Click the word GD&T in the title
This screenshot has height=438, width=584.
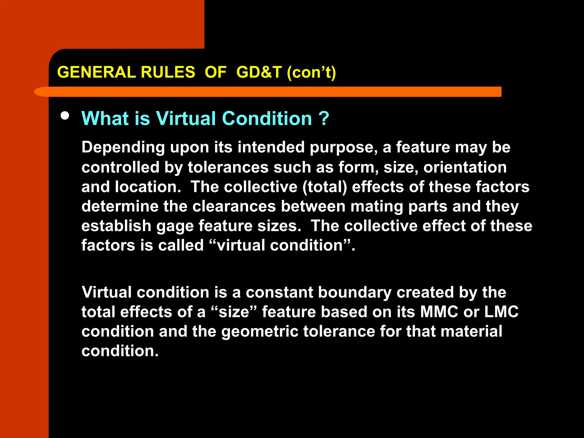point(259,72)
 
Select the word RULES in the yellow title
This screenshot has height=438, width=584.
point(168,72)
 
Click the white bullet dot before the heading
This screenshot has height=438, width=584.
point(65,116)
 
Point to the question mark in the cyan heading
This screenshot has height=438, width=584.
point(324,118)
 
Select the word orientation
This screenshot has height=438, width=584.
point(465,167)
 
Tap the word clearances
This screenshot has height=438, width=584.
point(234,206)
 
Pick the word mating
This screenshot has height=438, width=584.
point(376,207)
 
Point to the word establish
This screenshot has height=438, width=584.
point(116,226)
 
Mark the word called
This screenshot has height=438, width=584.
point(181,245)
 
